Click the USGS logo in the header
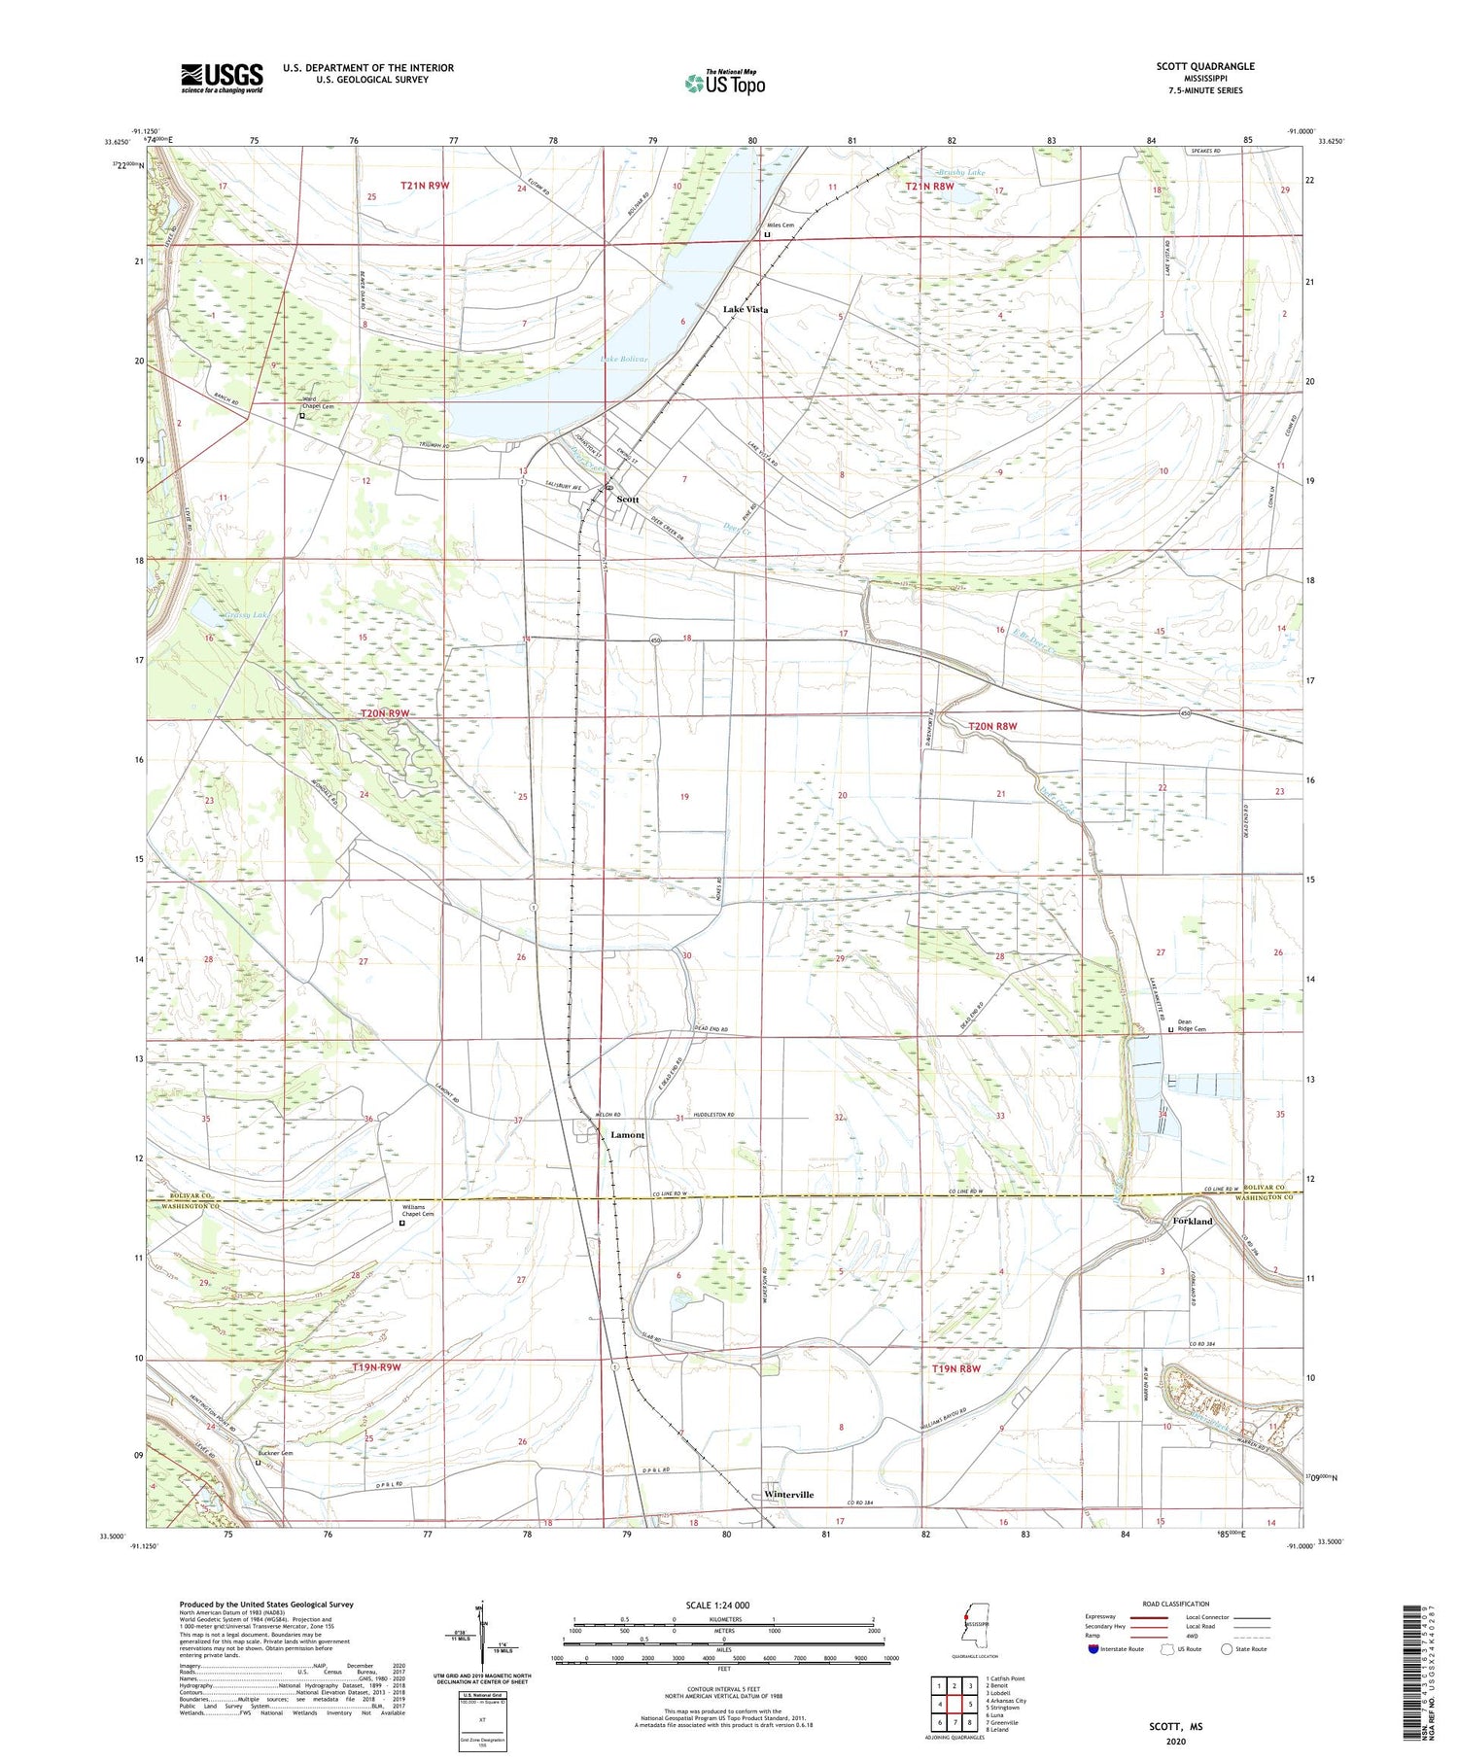coord(222,78)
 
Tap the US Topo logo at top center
coord(724,83)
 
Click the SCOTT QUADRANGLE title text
coord(1205,66)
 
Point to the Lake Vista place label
coord(745,309)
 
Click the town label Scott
coord(628,499)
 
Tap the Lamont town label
coord(627,1135)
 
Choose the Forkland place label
coord(1193,1221)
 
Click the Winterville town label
coord(788,1495)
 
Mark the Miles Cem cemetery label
coord(783,225)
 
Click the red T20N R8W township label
coord(992,726)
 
